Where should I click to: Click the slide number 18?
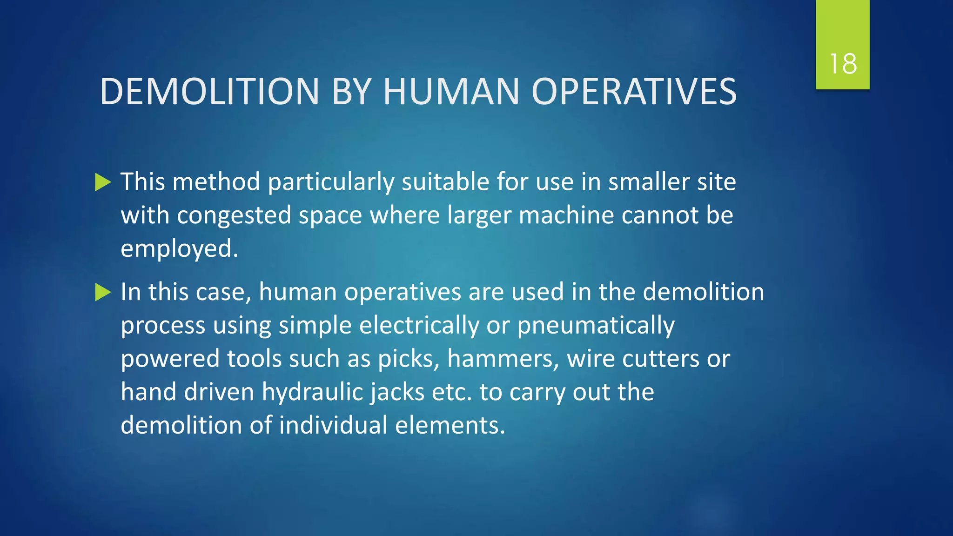(x=843, y=64)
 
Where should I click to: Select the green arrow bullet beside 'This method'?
(x=103, y=182)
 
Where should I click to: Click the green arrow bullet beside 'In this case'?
(x=103, y=292)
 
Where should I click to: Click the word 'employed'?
(x=176, y=248)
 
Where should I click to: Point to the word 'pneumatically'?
(x=596, y=325)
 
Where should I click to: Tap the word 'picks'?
(x=405, y=359)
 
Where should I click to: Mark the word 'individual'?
(x=333, y=425)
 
